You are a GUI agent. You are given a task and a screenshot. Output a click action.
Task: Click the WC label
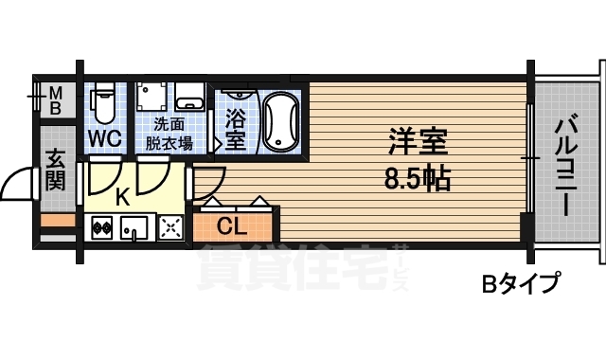point(104,138)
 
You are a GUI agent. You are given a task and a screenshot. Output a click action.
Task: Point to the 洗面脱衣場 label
point(170,134)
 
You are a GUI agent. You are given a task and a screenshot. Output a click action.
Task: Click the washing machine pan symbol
point(150,98)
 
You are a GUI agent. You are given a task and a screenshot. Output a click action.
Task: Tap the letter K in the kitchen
point(121,197)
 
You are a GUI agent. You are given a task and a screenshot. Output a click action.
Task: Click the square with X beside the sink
point(170,227)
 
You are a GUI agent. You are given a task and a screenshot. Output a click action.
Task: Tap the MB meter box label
point(56,99)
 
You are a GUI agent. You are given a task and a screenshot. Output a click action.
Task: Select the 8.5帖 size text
point(417,177)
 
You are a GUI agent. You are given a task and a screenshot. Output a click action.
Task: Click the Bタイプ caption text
point(520,282)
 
